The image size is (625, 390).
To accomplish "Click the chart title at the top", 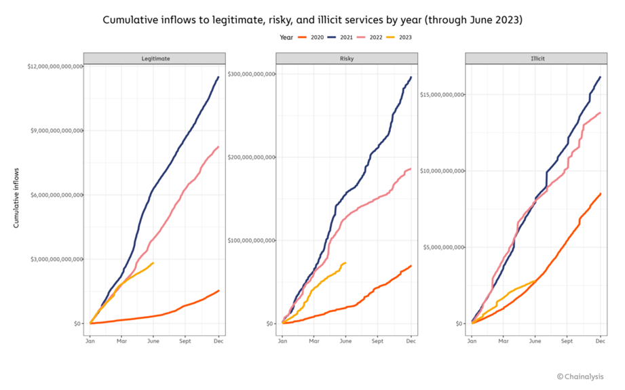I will click(x=312, y=20).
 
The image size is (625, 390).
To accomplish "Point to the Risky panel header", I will click(x=346, y=58).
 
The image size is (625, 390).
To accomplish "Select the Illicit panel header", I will click(x=536, y=58).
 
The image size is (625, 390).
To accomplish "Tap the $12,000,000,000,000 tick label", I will click(x=55, y=66).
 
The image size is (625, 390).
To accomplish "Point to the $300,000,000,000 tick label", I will click(x=250, y=73).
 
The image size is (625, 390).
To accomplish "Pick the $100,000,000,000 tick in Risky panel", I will click(x=250, y=240).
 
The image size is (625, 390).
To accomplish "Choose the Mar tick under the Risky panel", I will click(x=314, y=342).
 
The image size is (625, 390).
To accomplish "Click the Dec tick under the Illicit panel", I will click(x=601, y=342).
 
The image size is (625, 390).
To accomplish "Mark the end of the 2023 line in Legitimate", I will click(x=153, y=262).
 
